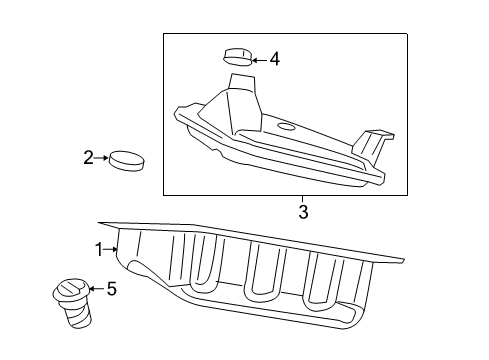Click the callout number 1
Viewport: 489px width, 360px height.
click(x=99, y=250)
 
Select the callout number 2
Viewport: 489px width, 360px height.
click(x=88, y=158)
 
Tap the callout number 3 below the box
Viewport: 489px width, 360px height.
click(x=303, y=212)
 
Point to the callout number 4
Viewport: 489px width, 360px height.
click(x=275, y=60)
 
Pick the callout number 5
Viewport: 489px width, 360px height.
click(x=112, y=289)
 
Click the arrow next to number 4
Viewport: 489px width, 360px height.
click(x=259, y=60)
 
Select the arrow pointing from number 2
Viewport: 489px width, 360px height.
click(x=101, y=158)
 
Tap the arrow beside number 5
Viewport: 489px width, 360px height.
click(x=96, y=289)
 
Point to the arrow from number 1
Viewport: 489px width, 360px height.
click(x=111, y=249)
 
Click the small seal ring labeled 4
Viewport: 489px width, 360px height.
click(x=237, y=57)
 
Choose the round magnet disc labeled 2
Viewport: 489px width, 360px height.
click(x=127, y=161)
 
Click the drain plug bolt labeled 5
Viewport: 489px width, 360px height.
click(x=72, y=302)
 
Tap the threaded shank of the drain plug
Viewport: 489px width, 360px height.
click(x=78, y=315)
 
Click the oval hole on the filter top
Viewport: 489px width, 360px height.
click(x=286, y=127)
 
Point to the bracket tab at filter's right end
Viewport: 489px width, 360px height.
click(x=372, y=146)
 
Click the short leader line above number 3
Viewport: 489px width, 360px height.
click(x=303, y=199)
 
